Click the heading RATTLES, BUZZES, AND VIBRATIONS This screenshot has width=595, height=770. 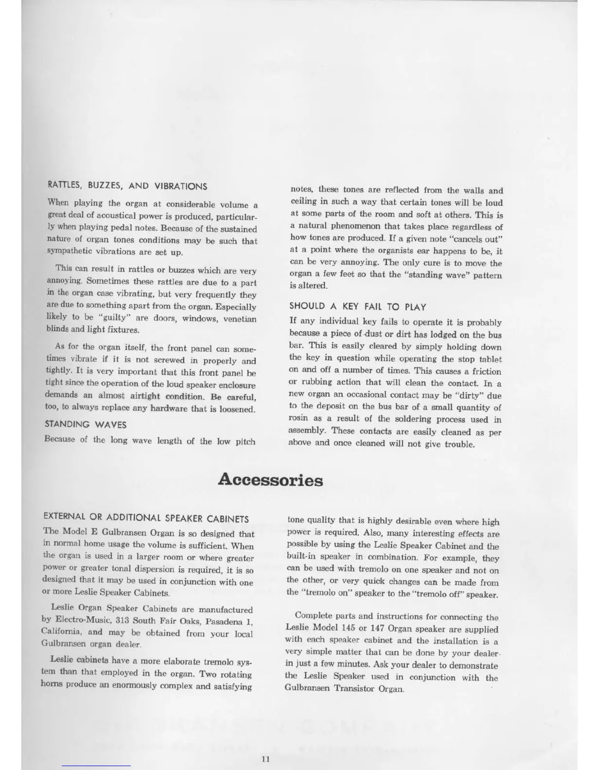(x=127, y=186)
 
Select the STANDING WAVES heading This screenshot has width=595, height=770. (x=86, y=424)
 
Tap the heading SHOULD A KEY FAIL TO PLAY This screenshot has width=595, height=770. (x=358, y=306)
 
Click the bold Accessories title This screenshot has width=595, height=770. (x=270, y=479)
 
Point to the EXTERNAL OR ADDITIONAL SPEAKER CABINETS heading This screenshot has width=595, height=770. (x=146, y=518)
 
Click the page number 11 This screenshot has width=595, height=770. (x=265, y=760)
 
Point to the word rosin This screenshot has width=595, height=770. (x=298, y=419)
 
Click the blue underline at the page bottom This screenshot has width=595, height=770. (x=96, y=766)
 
